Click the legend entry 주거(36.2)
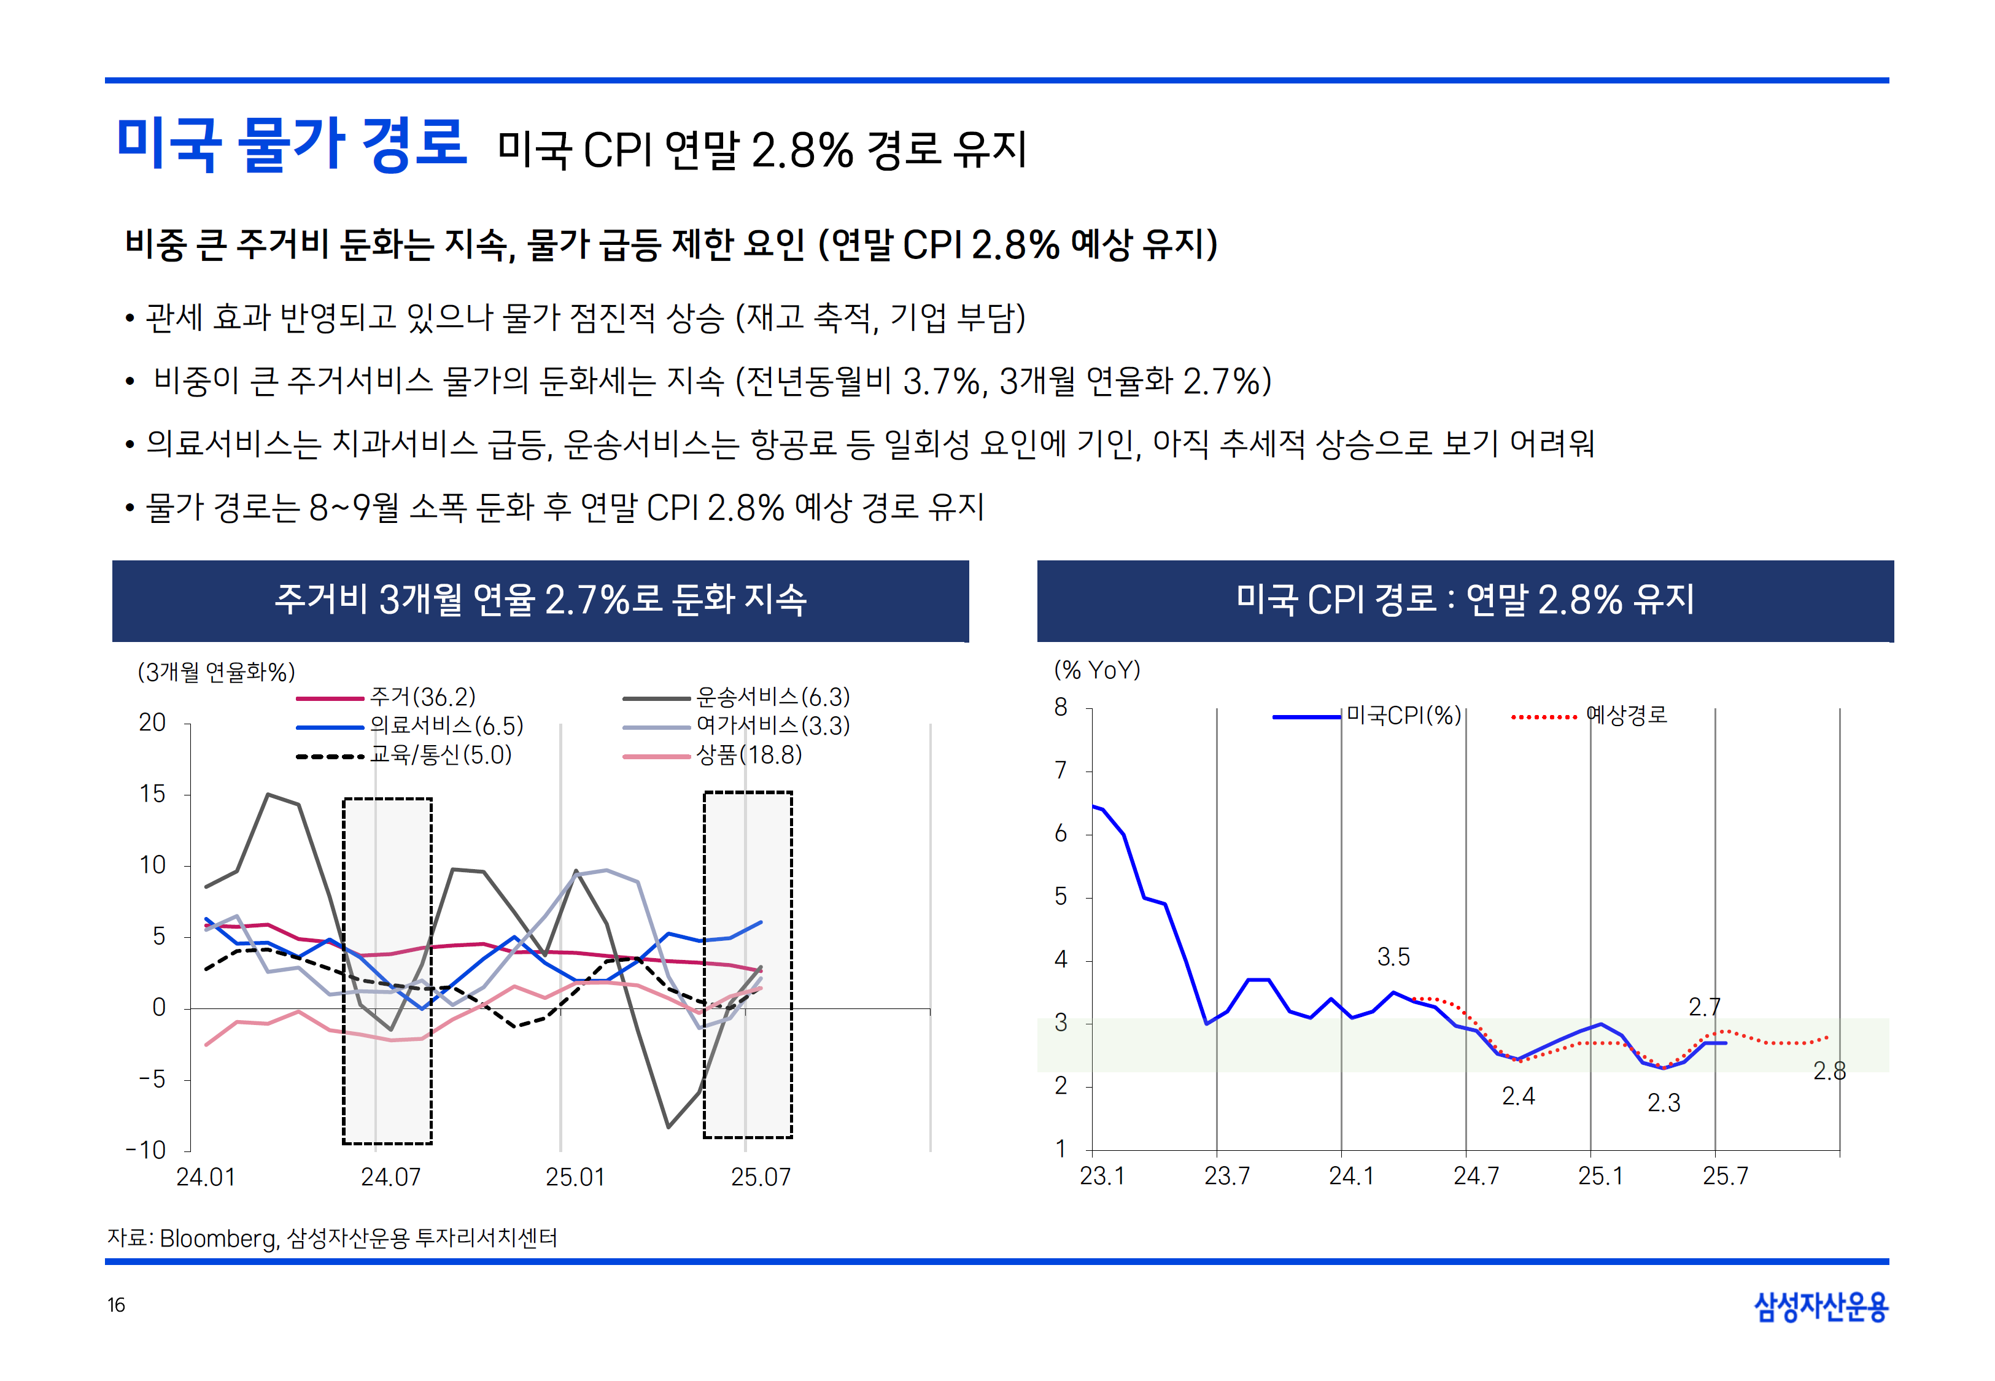[422, 697]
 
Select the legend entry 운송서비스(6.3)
[773, 697]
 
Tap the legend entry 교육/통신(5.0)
[440, 756]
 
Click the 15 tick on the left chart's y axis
[152, 794]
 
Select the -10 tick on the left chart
[146, 1150]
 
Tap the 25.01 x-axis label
[575, 1178]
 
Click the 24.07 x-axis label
[390, 1178]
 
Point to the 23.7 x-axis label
[1226, 1177]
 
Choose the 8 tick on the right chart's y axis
[1061, 708]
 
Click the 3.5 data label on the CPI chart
[1393, 957]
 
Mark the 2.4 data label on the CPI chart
[1517, 1096]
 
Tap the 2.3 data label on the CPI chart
[1663, 1103]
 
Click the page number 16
[116, 1305]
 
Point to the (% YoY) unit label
[1097, 671]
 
